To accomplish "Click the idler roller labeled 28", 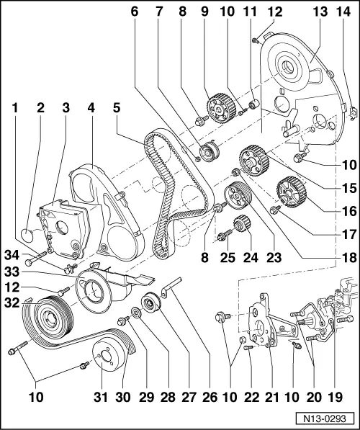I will pos(152,304).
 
